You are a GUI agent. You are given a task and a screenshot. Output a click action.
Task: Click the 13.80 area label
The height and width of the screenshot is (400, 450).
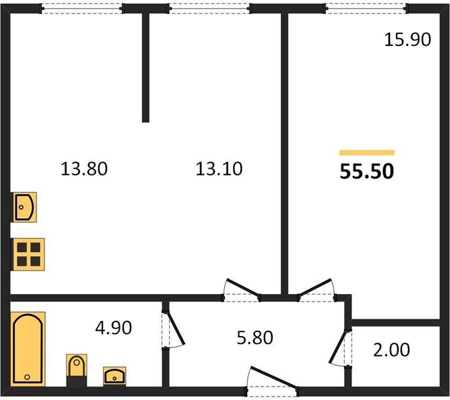click(x=84, y=169)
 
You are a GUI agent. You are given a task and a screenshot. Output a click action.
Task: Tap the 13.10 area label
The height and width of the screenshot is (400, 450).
click(x=219, y=169)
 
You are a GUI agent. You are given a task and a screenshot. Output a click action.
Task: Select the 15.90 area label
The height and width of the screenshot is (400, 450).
click(x=407, y=39)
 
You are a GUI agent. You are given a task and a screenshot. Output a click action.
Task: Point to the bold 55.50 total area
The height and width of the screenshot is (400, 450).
click(x=367, y=171)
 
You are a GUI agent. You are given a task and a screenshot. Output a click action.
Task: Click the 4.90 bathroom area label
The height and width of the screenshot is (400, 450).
click(x=114, y=327)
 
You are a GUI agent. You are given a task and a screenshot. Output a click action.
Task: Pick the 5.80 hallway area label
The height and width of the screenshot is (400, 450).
click(x=255, y=337)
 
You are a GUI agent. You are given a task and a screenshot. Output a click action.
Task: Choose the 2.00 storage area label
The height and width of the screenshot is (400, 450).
click(x=391, y=350)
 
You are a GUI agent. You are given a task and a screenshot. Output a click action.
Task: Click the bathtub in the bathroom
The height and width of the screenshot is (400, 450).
click(x=28, y=349)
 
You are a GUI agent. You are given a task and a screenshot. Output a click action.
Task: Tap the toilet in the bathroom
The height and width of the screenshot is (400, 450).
click(x=77, y=369)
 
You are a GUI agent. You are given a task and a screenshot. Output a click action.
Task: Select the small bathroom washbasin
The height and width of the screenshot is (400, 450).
click(x=114, y=375)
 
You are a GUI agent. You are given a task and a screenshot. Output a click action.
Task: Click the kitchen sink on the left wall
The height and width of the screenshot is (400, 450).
click(x=24, y=207)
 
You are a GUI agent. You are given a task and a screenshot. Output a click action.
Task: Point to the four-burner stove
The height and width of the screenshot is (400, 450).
click(x=28, y=254)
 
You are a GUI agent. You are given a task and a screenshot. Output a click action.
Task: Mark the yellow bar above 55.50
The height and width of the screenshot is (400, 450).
click(x=367, y=153)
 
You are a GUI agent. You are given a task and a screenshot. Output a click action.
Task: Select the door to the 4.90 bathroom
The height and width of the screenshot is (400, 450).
click(x=173, y=329)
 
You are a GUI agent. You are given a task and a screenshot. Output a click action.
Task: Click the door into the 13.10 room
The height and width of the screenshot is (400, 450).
click(x=242, y=289)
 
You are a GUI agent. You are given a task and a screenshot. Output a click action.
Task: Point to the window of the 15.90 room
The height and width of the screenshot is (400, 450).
click(x=366, y=9)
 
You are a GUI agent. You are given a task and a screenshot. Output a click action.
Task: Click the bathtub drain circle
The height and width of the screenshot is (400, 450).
click(x=27, y=377)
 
